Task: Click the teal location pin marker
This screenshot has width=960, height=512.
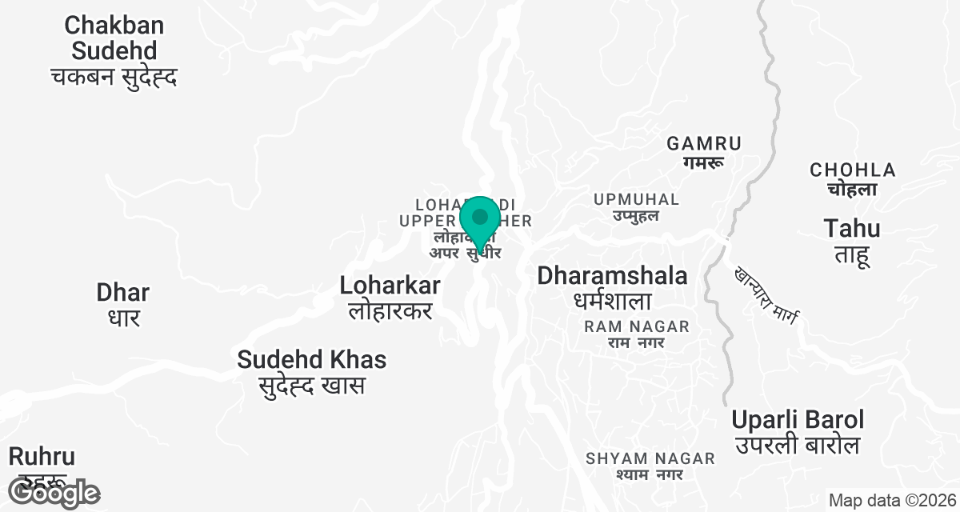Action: click(x=480, y=221)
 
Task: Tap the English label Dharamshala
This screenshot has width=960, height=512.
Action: click(x=612, y=276)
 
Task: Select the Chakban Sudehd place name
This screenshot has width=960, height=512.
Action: click(x=114, y=38)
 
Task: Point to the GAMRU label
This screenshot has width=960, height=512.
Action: click(x=704, y=144)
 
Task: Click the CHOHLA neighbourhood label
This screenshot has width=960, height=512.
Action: click(x=852, y=170)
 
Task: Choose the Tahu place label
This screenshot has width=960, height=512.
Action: click(x=852, y=229)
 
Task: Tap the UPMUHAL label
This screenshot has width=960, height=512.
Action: click(x=636, y=199)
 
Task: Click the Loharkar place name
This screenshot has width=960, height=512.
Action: click(x=390, y=286)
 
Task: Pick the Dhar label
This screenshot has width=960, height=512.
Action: click(x=123, y=292)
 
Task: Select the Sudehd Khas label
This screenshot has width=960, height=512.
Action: click(x=311, y=360)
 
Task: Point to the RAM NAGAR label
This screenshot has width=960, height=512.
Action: click(x=637, y=326)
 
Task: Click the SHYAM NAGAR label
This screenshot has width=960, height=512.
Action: click(x=650, y=458)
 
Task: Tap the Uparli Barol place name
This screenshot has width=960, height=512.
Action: click(x=798, y=420)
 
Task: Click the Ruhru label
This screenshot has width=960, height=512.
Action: click(x=42, y=457)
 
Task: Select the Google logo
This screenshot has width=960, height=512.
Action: click(x=54, y=493)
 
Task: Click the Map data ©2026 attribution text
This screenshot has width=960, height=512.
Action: click(x=892, y=501)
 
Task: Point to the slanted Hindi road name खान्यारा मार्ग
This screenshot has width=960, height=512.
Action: click(x=766, y=296)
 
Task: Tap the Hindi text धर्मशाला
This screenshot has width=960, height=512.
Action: click(x=612, y=302)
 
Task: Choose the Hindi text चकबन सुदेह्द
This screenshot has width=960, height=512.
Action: click(x=114, y=78)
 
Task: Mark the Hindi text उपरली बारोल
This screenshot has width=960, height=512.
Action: click(x=798, y=445)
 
